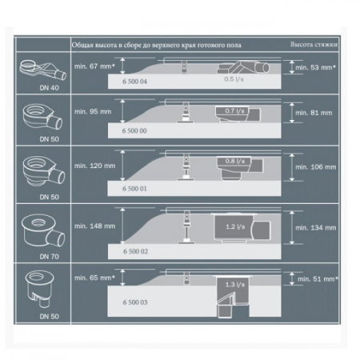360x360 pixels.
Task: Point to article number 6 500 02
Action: [135, 250]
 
